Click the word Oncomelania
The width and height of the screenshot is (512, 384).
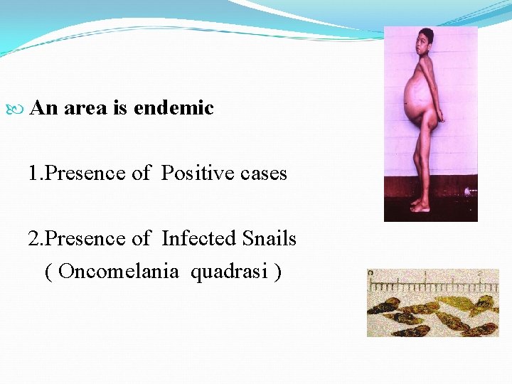(x=119, y=272)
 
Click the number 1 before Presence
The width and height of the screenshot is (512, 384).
(x=33, y=173)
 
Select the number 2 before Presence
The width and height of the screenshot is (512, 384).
(x=33, y=238)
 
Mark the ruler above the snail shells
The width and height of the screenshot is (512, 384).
(x=432, y=284)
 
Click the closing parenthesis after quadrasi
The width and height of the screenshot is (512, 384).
(x=277, y=272)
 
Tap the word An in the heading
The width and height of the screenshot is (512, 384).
(x=45, y=108)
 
